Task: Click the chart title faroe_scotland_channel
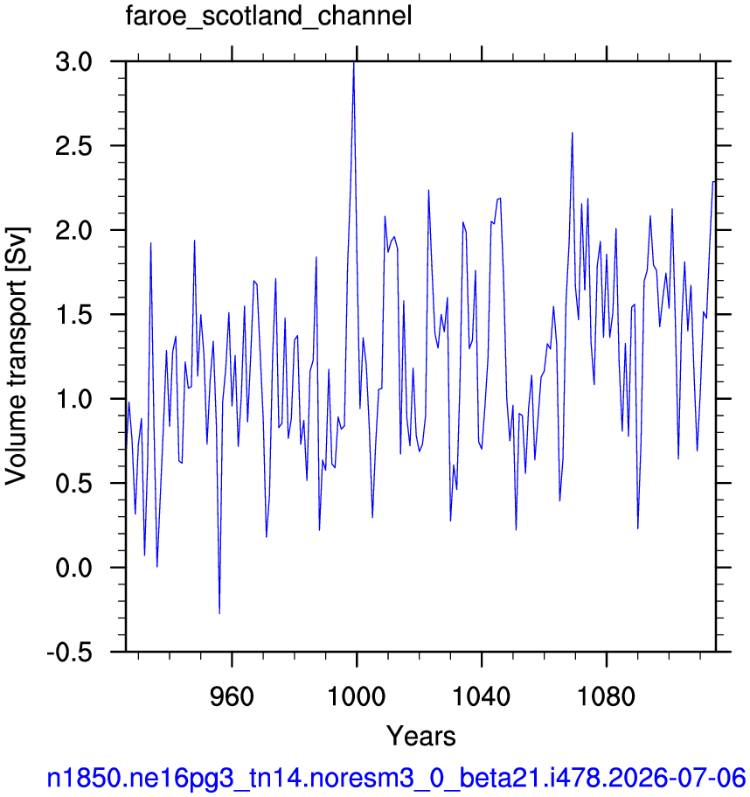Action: tap(268, 17)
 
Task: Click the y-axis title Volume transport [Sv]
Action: tap(17, 356)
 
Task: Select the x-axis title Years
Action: tap(421, 736)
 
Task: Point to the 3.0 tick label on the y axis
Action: tap(74, 62)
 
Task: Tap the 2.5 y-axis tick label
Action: tap(74, 146)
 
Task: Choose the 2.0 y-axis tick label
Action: tap(74, 231)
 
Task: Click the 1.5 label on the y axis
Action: tap(74, 315)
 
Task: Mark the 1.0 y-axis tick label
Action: tap(74, 400)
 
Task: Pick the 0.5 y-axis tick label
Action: tap(74, 484)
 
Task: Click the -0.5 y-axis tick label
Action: tap(70, 653)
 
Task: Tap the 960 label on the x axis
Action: tap(232, 697)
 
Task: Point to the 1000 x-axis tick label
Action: tap(357, 697)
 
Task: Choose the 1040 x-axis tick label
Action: tap(481, 697)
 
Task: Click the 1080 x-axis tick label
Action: tap(606, 697)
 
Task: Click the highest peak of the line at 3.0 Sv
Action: tap(354, 62)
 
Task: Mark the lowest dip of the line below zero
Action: tap(219, 613)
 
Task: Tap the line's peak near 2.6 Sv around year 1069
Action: tap(573, 133)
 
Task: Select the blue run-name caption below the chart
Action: tap(396, 778)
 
